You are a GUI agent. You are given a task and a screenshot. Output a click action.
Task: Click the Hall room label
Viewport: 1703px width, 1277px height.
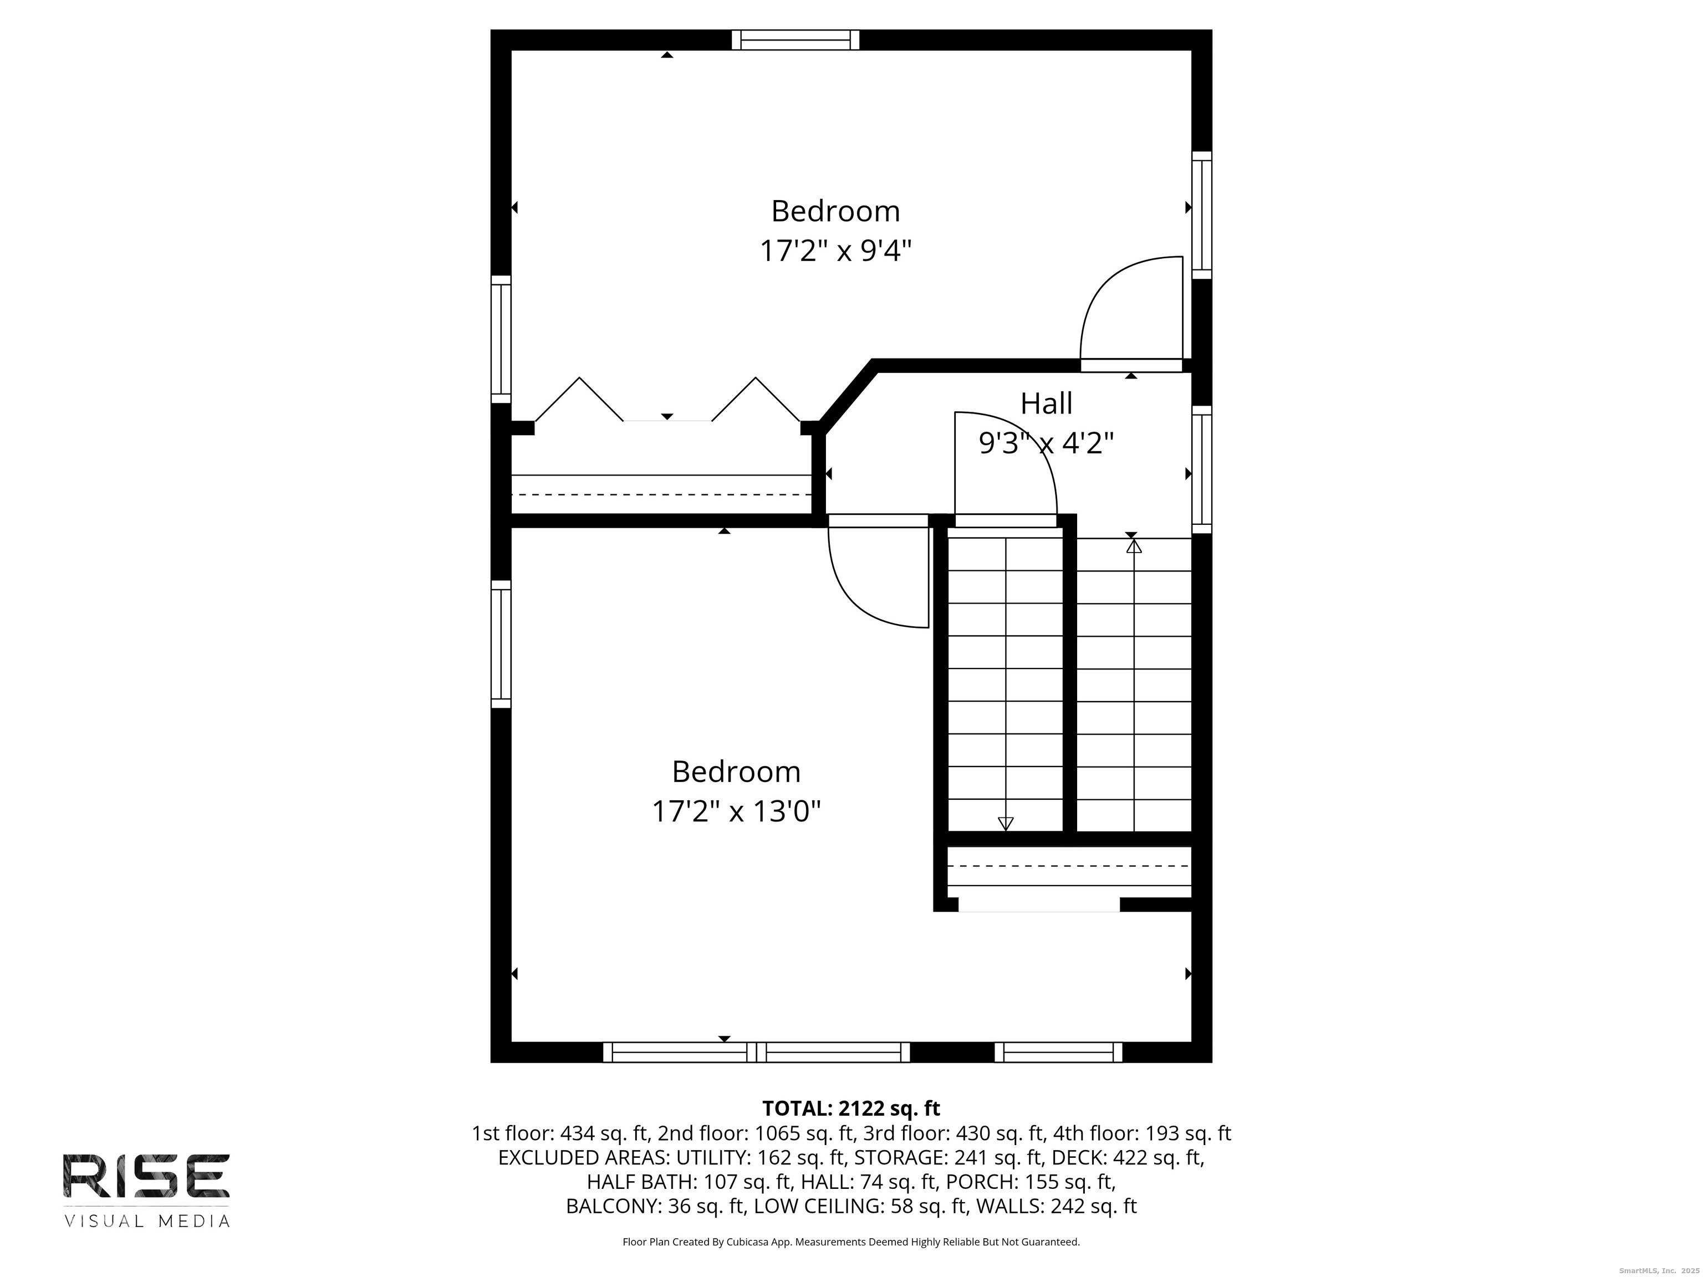1046,403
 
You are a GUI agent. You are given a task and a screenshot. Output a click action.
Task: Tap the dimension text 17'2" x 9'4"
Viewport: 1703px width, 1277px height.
835,251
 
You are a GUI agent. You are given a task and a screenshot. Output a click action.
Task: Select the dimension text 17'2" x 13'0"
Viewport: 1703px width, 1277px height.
736,811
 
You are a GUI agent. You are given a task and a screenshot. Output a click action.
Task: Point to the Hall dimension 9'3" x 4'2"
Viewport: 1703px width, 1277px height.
1046,443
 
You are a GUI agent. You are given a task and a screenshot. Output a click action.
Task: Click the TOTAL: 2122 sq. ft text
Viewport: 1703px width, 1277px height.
851,1109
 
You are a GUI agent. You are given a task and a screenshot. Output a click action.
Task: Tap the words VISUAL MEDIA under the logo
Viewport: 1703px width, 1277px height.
146,1221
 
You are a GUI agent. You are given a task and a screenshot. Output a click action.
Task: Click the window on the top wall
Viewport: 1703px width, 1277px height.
796,40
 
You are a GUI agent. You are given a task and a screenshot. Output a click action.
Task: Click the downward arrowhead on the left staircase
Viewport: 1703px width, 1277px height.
1006,824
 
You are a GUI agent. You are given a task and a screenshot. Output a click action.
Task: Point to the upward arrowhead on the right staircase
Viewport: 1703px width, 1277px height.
1134,546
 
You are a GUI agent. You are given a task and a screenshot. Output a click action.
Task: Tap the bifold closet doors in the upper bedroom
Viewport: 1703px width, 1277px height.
667,400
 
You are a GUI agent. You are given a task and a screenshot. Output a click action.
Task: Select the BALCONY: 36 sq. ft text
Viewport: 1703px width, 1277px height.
656,1206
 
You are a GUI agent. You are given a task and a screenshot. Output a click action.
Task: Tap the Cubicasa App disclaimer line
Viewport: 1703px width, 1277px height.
851,1242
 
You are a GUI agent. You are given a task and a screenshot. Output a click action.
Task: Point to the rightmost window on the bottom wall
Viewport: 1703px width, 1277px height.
1059,1052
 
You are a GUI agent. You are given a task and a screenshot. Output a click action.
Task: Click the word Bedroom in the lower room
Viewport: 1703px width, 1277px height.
736,772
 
